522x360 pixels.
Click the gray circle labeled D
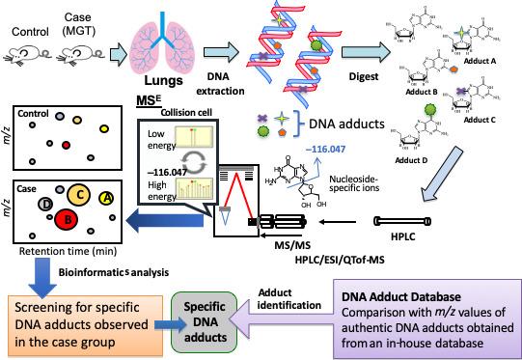[45, 204]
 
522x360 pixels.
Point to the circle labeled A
[106, 198]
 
